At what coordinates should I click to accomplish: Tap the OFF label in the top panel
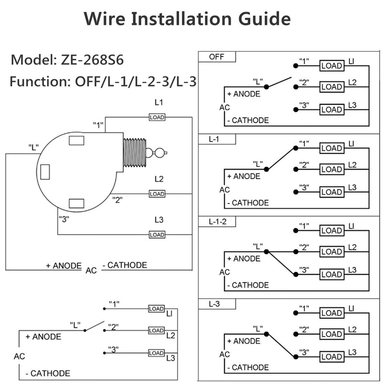pos(216,57)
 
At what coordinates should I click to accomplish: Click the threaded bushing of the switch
pos(135,153)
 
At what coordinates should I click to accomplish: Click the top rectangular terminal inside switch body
pos(77,141)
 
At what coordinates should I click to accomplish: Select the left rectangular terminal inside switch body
pos(45,171)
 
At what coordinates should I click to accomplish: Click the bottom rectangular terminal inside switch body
pos(77,203)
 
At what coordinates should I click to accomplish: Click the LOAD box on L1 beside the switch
pos(157,117)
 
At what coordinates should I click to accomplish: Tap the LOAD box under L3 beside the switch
pos(157,235)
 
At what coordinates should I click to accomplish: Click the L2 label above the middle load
pos(159,179)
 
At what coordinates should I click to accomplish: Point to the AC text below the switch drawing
pos(91,270)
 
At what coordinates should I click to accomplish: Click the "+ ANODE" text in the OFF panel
pos(244,94)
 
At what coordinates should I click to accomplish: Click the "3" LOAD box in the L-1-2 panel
pos(331,275)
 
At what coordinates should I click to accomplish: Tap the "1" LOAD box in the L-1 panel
pos(331,147)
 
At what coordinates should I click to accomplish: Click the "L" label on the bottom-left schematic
pos(75,324)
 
